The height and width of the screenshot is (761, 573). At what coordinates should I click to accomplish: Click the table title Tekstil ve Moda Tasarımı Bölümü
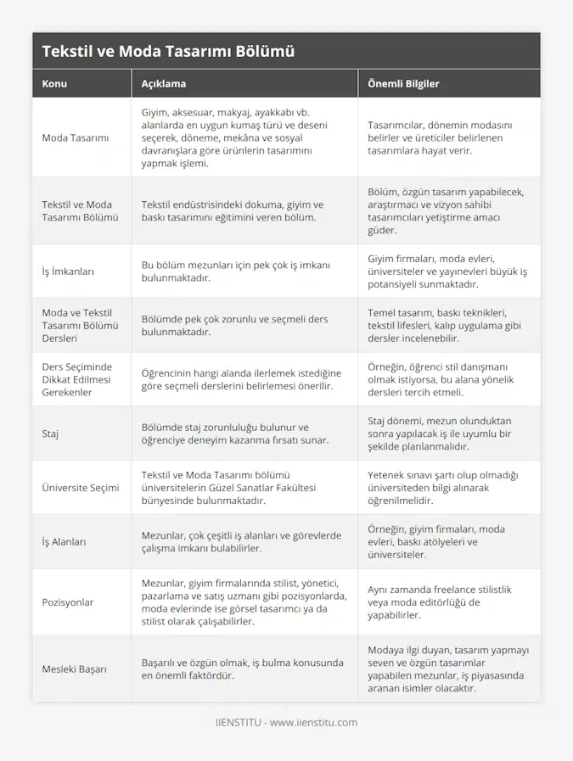168,51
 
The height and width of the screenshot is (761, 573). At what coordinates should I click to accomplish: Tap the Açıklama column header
164,84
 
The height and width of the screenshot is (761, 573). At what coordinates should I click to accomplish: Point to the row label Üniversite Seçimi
81,487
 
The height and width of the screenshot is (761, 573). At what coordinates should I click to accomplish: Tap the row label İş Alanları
64,541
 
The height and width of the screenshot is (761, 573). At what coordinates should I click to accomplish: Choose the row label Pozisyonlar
68,602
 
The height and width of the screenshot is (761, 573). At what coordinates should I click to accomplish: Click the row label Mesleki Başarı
75,669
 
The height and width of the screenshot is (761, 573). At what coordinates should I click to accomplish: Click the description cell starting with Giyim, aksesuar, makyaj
237,137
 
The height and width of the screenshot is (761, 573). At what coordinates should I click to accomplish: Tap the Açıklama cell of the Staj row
234,433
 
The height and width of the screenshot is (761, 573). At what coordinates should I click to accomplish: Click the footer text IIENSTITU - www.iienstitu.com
286,722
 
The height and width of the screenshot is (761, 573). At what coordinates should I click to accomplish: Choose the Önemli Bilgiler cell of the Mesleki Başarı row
447,669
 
